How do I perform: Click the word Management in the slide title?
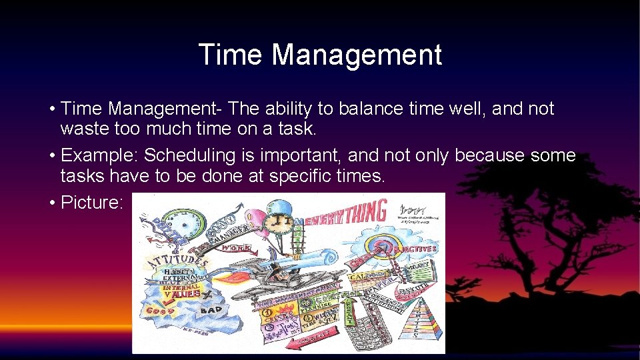point(356,55)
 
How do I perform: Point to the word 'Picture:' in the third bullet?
point(92,202)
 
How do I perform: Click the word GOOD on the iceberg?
point(160,311)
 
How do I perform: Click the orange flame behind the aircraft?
point(227,274)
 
